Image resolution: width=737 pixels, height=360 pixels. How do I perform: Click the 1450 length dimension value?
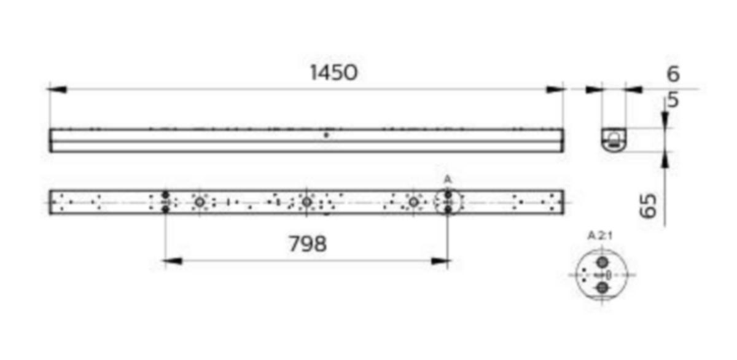tap(333, 72)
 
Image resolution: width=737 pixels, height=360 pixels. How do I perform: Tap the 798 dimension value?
tap(308, 244)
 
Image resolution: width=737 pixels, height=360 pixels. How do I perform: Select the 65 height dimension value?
tap(649, 206)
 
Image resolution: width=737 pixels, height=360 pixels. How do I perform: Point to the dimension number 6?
tap(673, 74)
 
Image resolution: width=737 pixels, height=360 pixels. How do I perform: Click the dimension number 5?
tap(674, 100)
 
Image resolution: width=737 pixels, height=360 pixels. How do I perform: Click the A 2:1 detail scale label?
tap(600, 236)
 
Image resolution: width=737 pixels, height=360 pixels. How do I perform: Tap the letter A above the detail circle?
tap(448, 179)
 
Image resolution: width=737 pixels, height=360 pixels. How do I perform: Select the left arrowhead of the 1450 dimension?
tap(57, 89)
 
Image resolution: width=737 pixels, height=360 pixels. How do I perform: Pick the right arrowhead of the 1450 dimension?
tap(555, 89)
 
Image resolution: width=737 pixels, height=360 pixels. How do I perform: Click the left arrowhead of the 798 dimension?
tap(173, 261)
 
